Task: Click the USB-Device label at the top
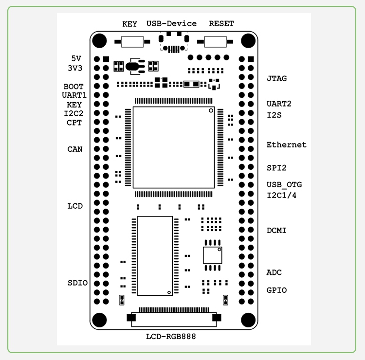pyautogui.click(x=171, y=23)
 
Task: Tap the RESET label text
pyautogui.click(x=221, y=23)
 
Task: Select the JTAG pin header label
pyautogui.click(x=276, y=78)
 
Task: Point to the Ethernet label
pyautogui.click(x=286, y=145)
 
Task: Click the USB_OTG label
pyautogui.click(x=284, y=185)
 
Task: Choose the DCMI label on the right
pyautogui.click(x=276, y=231)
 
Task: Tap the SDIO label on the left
pyautogui.click(x=77, y=283)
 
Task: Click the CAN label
pyautogui.click(x=75, y=149)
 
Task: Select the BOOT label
pyautogui.click(x=73, y=87)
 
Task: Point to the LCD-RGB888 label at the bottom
pyautogui.click(x=171, y=337)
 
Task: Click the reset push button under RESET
pyautogui.click(x=215, y=42)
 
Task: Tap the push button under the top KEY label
pyautogui.click(x=132, y=42)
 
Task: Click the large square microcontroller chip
pyautogui.click(x=174, y=147)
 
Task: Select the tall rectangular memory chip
pyautogui.click(x=155, y=256)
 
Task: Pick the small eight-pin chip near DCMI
pyautogui.click(x=213, y=255)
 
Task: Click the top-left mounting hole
pyautogui.click(x=99, y=41)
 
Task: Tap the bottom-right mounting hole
pyautogui.click(x=248, y=320)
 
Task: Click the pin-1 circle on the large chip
pyautogui.click(x=211, y=110)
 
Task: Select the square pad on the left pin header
pyautogui.click(x=106, y=59)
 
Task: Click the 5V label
pyautogui.click(x=76, y=58)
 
